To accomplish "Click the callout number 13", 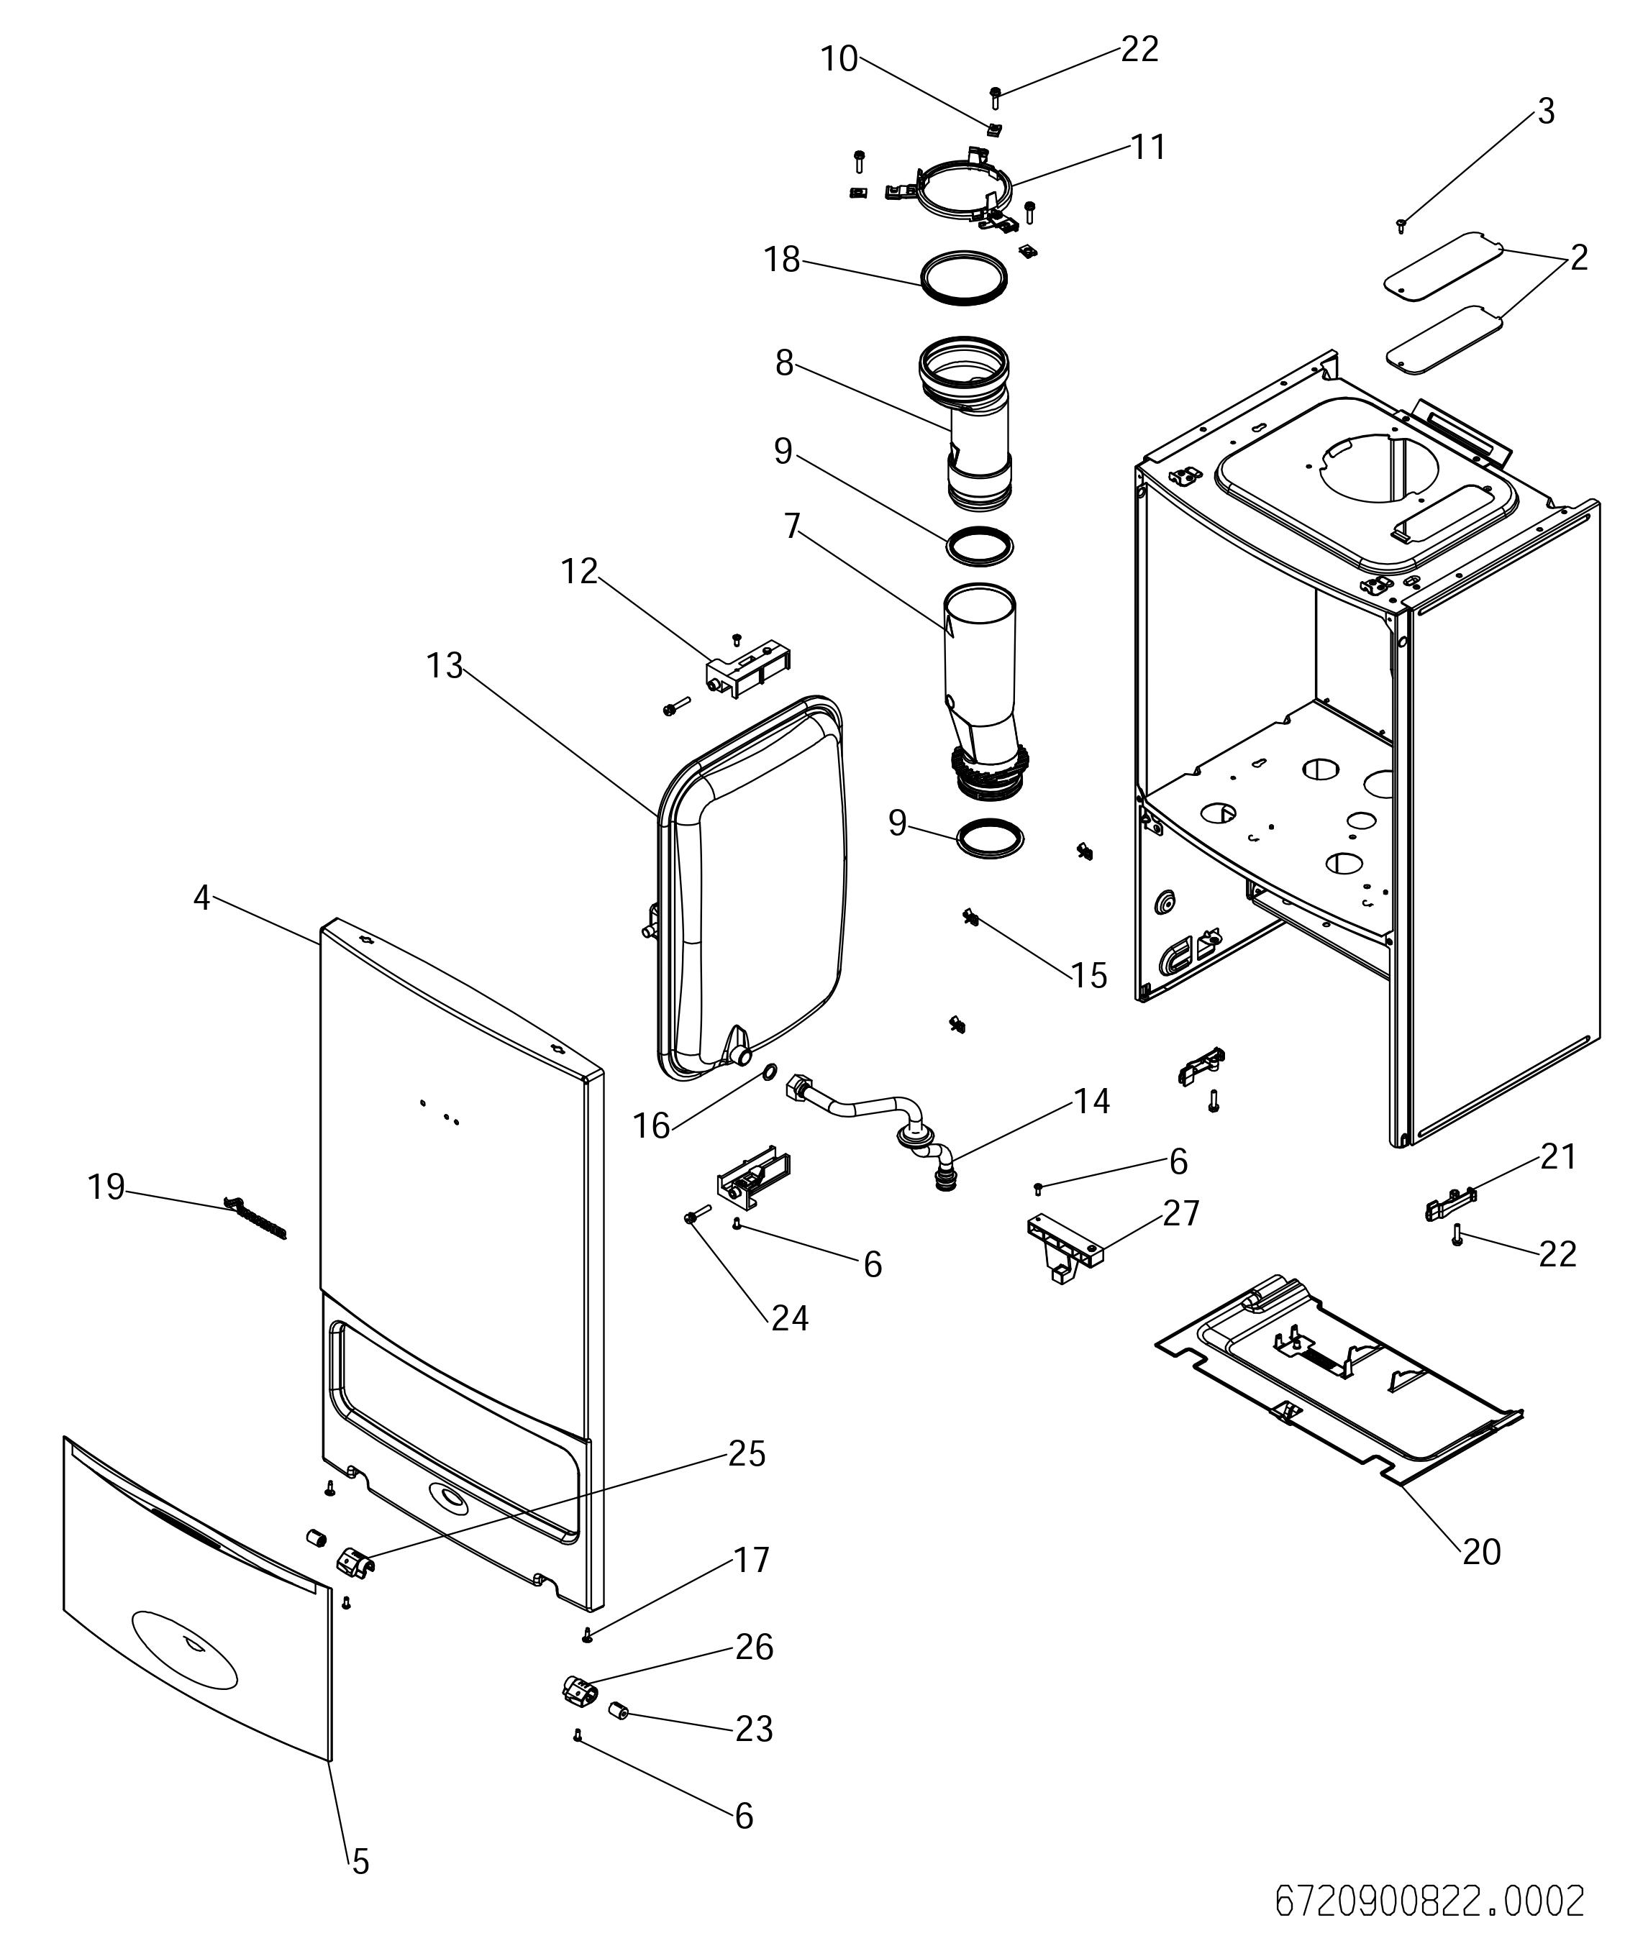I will tap(444, 665).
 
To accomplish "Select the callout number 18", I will tap(783, 259).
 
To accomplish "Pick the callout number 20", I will tap(1481, 1550).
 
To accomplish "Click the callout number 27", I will tap(1181, 1212).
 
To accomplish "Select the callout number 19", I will tap(106, 1187).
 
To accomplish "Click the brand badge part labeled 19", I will tap(256, 1218).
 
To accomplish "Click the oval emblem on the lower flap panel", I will tap(185, 1648).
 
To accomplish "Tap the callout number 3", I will tap(1546, 111).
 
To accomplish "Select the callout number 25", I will tap(747, 1453).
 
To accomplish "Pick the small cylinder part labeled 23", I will tap(619, 1710).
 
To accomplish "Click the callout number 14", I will tap(1092, 1101).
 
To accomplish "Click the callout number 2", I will tap(1580, 257).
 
